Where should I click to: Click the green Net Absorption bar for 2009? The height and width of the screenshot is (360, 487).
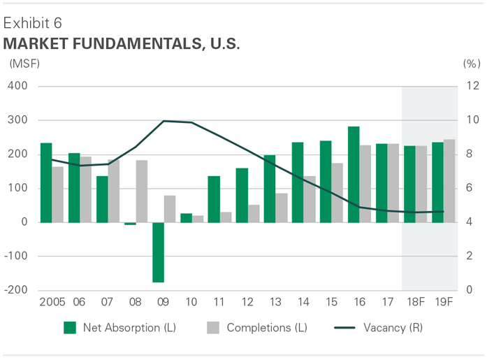[x=158, y=252]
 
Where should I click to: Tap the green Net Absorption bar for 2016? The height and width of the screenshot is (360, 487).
[x=354, y=175]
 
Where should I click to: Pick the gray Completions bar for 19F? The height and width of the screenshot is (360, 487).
[x=449, y=181]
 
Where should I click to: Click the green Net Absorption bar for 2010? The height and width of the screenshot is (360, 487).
[x=186, y=218]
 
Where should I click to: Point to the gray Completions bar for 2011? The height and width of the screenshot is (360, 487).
[x=225, y=217]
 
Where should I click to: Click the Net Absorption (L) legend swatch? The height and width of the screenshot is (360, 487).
[x=69, y=327]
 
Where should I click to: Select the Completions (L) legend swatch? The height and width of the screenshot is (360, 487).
[x=214, y=327]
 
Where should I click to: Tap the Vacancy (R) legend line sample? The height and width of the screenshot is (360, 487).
[x=346, y=327]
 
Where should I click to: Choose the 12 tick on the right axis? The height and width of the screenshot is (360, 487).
[x=470, y=87]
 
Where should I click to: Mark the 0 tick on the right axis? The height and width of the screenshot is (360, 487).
[x=468, y=290]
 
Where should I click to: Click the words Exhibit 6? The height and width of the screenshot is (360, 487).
[x=32, y=22]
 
